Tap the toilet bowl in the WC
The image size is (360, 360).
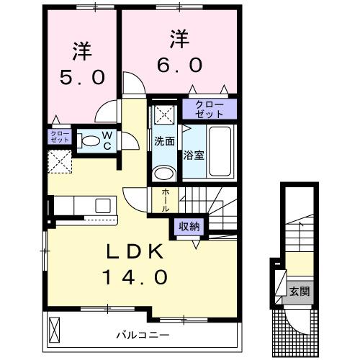89,142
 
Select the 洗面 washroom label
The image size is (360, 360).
164,142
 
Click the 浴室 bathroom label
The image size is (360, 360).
192,154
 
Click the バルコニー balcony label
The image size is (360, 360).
141,335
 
